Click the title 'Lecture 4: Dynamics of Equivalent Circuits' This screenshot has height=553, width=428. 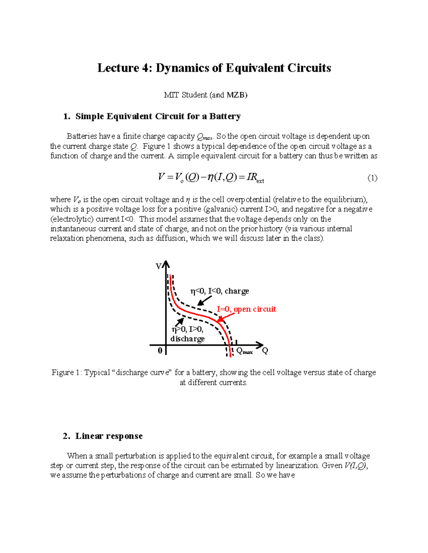click(x=214, y=68)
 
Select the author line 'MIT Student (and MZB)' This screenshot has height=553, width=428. click(x=205, y=95)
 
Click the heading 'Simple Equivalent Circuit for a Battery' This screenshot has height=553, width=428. click(x=158, y=116)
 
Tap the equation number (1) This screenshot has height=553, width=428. click(x=372, y=178)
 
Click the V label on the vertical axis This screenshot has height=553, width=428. click(x=159, y=266)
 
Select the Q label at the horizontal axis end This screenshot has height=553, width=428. click(x=265, y=351)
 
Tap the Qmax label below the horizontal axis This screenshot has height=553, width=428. click(x=244, y=351)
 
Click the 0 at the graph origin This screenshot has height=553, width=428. click(x=160, y=351)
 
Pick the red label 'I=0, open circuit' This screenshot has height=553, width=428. click(x=246, y=309)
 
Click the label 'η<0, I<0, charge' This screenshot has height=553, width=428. click(x=219, y=291)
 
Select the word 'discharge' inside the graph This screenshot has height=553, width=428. click(x=187, y=339)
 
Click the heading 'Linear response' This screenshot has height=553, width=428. click(x=109, y=436)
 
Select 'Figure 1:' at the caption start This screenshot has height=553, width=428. click(x=67, y=372)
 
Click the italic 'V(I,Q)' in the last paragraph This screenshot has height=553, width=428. click(x=355, y=466)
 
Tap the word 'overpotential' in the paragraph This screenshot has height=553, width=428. click(x=249, y=199)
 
